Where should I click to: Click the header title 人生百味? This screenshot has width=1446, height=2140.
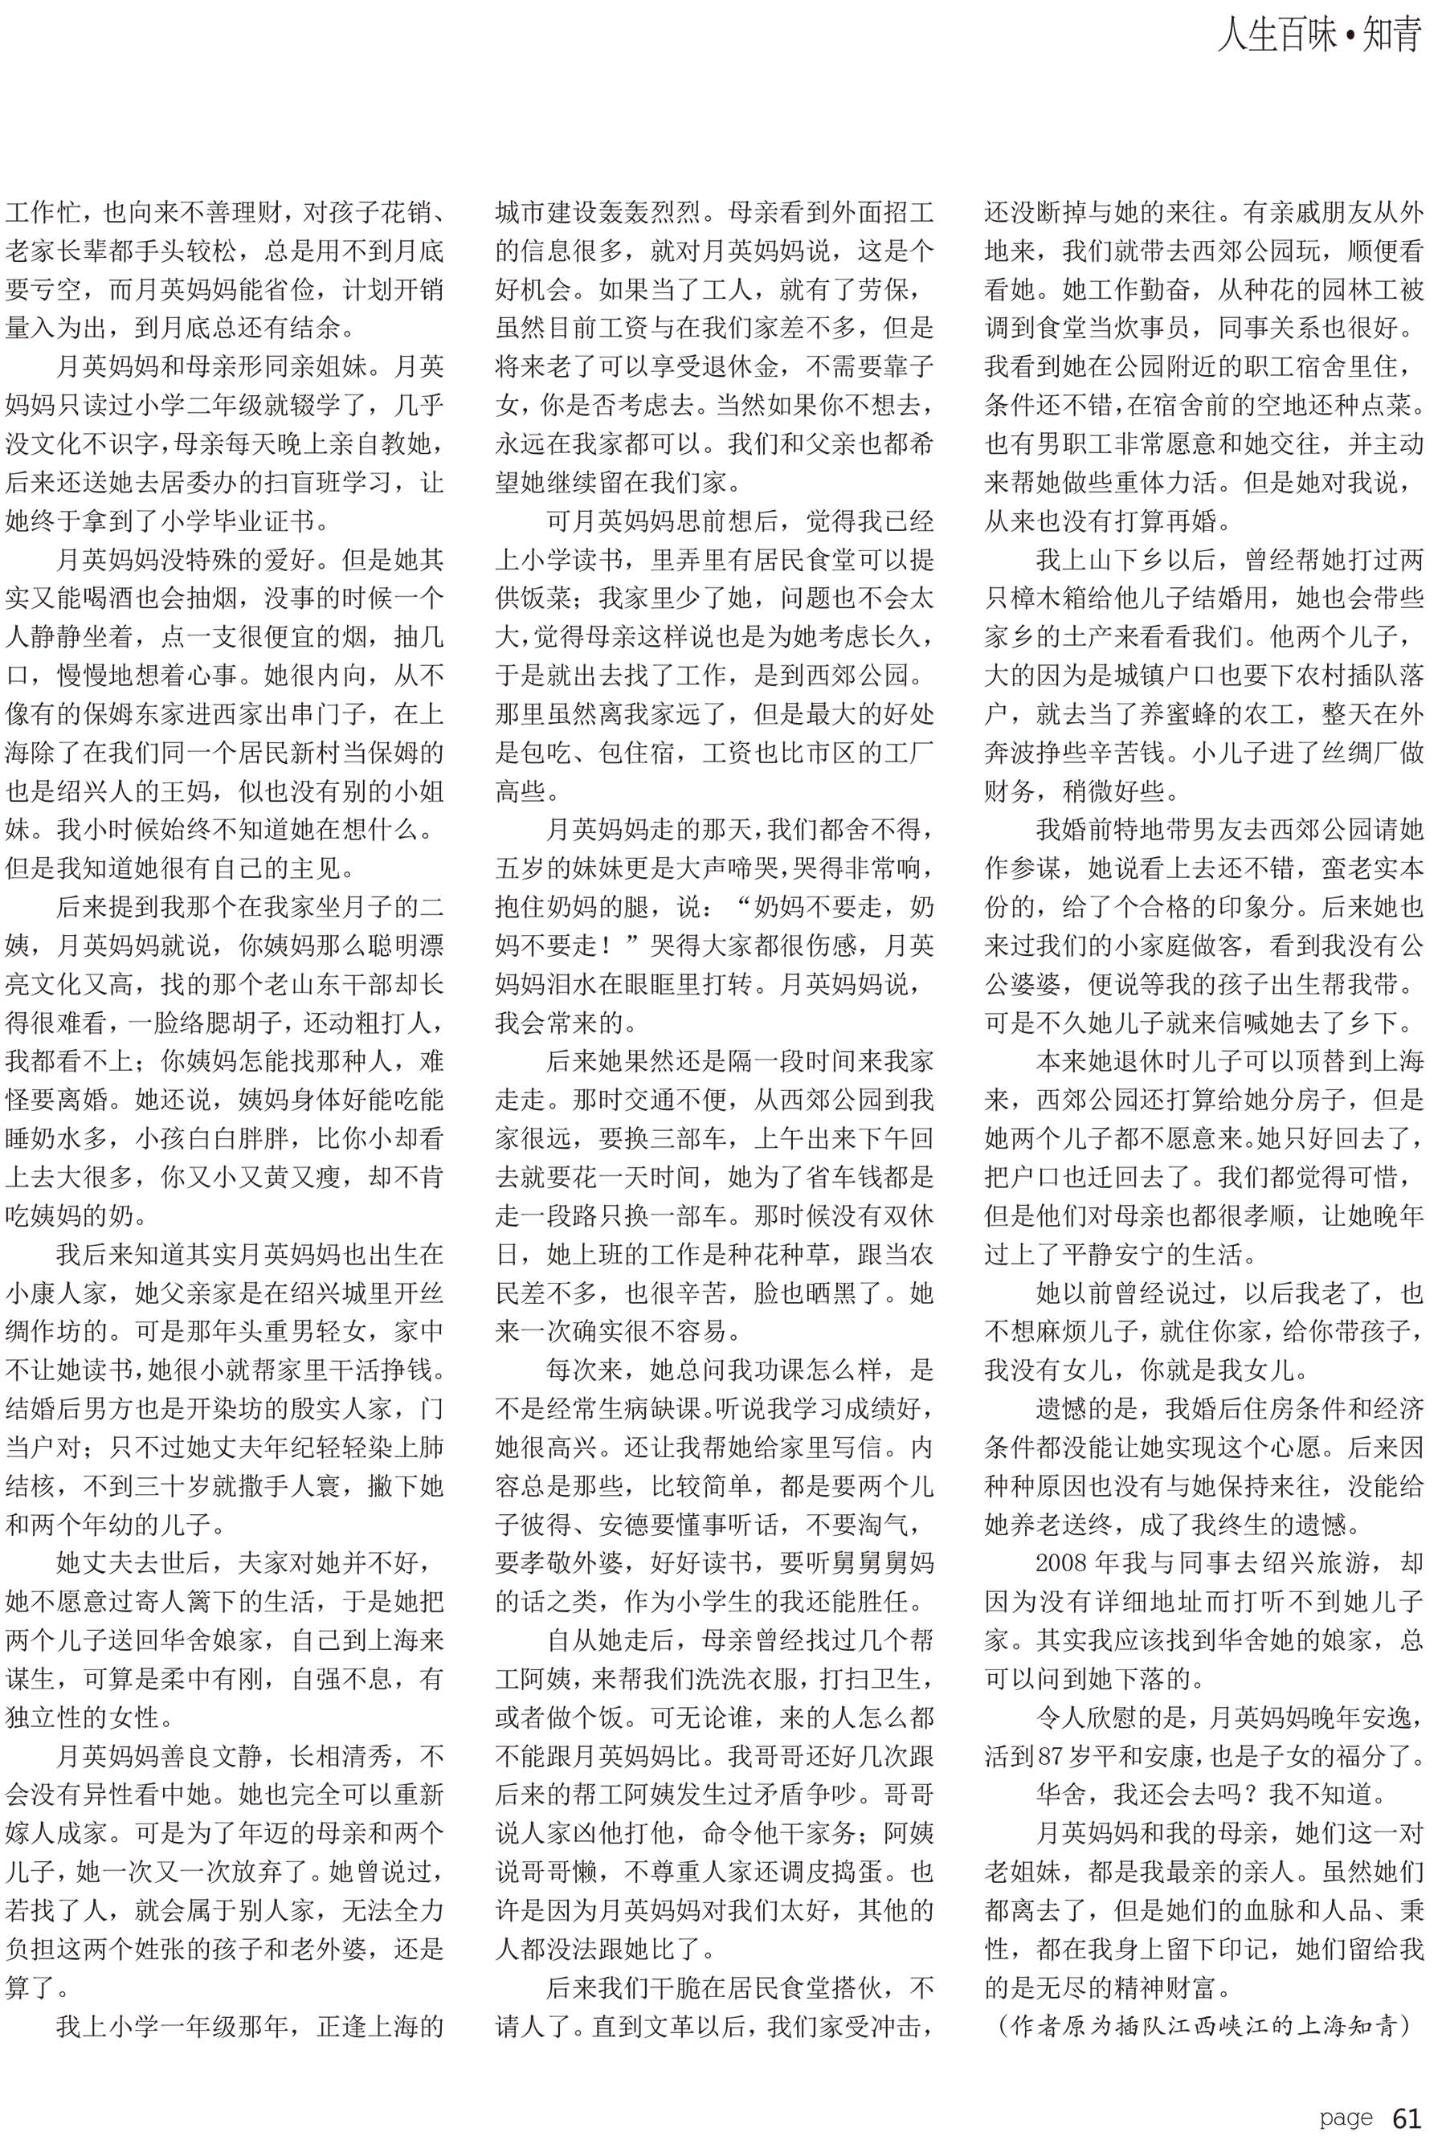[1275, 35]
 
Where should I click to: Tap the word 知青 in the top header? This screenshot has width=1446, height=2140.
[1391, 35]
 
